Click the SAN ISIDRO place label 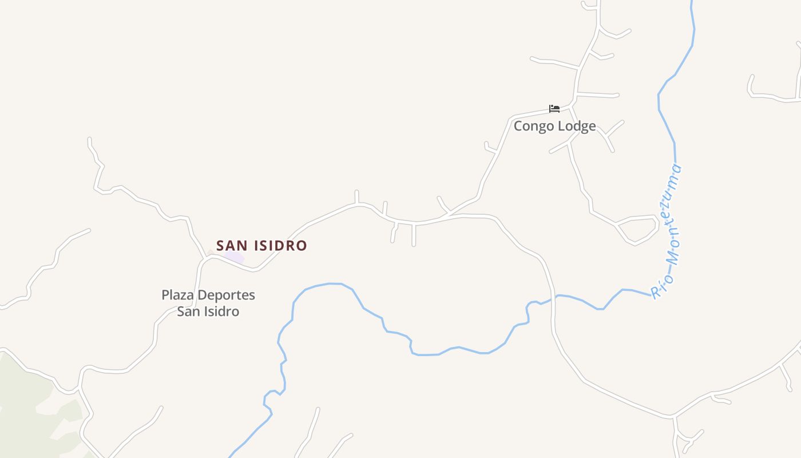tap(261, 246)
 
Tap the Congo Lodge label tap(554, 126)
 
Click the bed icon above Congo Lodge tap(554, 108)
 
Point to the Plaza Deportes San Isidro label tap(208, 303)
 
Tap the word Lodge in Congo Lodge tap(577, 126)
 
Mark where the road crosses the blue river tap(553, 297)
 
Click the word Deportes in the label tap(225, 295)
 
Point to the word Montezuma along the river tap(670, 217)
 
